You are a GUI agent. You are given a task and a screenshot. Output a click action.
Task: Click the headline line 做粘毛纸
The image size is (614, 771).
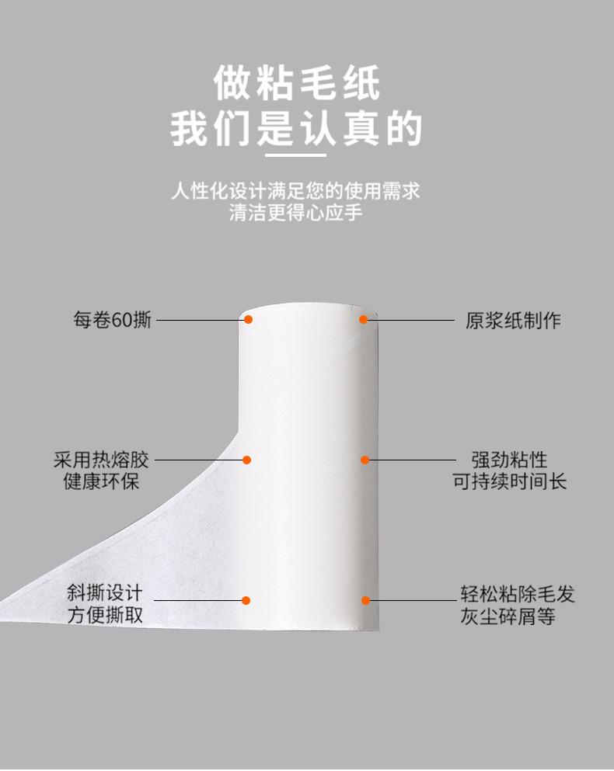coord(297,83)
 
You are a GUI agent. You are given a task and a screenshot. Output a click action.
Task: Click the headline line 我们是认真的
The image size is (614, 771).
coord(296,128)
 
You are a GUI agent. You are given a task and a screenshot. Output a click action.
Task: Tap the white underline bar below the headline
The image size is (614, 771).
coord(296,155)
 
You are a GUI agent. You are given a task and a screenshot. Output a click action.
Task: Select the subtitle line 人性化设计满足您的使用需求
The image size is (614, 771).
coord(296,191)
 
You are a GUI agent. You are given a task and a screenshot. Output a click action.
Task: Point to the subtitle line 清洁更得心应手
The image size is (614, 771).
coord(296,213)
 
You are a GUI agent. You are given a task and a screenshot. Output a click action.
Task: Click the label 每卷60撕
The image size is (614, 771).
coord(112,320)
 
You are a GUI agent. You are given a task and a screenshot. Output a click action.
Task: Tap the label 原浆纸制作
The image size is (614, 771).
coord(513,321)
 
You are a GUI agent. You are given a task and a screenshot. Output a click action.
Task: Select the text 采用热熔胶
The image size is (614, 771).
coord(101,460)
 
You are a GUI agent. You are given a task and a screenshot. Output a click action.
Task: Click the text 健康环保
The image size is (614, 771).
coord(102,481)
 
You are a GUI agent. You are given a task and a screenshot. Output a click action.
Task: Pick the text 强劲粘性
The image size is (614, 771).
coord(510,460)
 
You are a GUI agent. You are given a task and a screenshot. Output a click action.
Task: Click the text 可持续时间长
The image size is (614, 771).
coord(510,481)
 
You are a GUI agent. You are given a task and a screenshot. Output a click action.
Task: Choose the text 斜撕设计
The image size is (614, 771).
coord(105,593)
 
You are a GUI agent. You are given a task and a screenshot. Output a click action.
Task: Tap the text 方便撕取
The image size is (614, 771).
coord(105,615)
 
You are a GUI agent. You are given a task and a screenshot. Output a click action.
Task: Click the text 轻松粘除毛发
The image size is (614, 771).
coord(518,594)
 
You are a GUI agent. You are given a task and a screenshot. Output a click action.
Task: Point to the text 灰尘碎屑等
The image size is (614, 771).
coord(508,616)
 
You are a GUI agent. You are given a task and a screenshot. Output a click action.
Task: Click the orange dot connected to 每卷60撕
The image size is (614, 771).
coord(248,320)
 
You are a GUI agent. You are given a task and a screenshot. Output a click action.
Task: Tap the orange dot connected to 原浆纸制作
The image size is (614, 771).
coord(364,320)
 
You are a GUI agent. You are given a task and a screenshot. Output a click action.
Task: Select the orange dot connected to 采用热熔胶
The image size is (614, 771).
coord(246,460)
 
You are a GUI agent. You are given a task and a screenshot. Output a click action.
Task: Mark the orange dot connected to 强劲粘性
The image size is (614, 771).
coord(365,460)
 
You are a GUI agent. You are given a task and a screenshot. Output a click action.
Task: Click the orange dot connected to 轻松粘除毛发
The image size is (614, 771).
coord(365,600)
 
